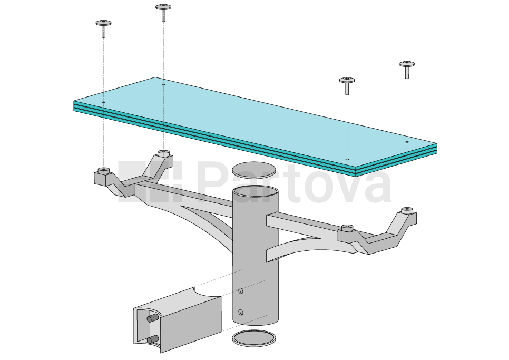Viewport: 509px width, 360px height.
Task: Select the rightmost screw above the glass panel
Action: [407, 68]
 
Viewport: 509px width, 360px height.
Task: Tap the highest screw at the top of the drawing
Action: [163, 11]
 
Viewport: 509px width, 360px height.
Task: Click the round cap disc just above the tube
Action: [254, 169]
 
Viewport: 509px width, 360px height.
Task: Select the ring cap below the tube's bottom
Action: [253, 338]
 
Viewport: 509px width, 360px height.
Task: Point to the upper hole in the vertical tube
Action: [241, 290]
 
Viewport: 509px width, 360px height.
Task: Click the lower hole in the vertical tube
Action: [241, 312]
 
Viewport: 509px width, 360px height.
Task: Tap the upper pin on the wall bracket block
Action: [152, 318]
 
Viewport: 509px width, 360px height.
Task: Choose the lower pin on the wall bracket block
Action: [153, 339]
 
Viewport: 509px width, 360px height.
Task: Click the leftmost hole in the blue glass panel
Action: [104, 102]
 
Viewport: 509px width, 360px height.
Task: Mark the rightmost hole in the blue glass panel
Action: [407, 142]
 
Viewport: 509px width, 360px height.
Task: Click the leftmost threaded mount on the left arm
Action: [103, 171]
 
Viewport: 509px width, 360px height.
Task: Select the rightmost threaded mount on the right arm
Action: [407, 211]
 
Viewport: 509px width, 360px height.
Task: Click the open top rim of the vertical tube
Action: [256, 191]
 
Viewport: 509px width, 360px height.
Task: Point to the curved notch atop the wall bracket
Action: [207, 293]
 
